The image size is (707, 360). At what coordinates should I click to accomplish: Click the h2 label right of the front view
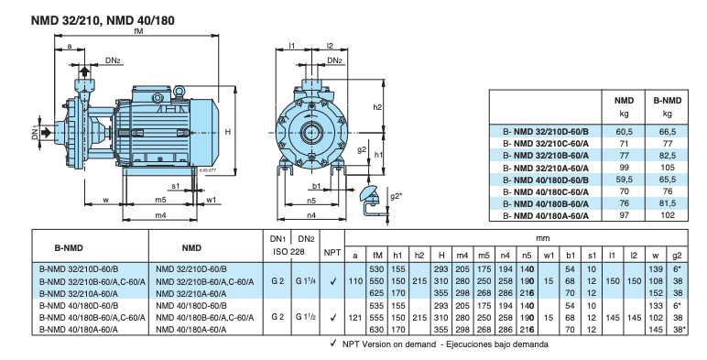pyautogui.click(x=377, y=107)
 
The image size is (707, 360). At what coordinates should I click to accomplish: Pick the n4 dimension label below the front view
pyautogui.click(x=311, y=215)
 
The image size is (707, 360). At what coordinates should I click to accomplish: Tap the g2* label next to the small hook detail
pyautogui.click(x=396, y=196)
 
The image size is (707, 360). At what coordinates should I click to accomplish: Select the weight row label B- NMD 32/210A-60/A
pyautogui.click(x=545, y=169)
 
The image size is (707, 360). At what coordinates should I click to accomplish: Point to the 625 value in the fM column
pyautogui.click(x=375, y=292)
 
